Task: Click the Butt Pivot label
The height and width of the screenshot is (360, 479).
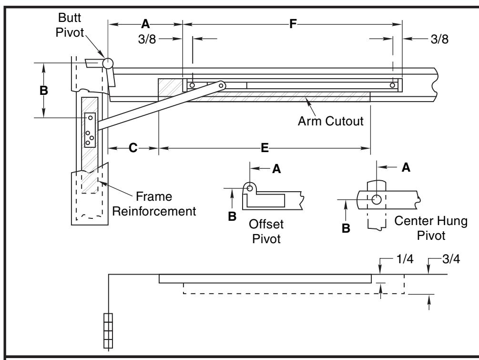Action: [x=70, y=25]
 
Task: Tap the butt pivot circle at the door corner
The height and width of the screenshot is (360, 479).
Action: [x=108, y=63]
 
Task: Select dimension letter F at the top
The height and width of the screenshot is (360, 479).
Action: [x=293, y=24]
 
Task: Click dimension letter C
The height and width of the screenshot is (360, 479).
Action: [x=133, y=148]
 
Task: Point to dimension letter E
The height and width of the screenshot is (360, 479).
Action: [x=265, y=148]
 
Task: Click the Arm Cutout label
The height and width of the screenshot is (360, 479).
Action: [x=331, y=121]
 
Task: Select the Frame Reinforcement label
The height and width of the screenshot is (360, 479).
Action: [x=154, y=204]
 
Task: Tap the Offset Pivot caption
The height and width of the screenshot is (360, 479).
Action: [x=266, y=231]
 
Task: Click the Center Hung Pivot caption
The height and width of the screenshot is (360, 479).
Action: [x=431, y=228]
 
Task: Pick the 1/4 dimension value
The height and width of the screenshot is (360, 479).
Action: [x=405, y=259]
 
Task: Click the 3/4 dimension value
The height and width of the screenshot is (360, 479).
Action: [x=451, y=259]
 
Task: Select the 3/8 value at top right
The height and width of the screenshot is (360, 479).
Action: [x=439, y=39]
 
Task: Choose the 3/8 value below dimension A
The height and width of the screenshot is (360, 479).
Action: [x=147, y=39]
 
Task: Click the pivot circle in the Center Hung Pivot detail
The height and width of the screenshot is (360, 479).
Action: [x=377, y=199]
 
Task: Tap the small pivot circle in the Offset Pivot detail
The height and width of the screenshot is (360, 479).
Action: [x=250, y=188]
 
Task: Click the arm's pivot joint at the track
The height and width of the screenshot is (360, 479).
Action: [x=222, y=85]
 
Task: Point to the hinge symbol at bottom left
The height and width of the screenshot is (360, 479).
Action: [x=108, y=330]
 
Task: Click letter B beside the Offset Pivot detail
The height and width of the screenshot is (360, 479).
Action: [x=232, y=216]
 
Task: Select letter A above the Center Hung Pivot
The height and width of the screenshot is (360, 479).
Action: [x=406, y=167]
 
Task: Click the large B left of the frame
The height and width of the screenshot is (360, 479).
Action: [x=44, y=91]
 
